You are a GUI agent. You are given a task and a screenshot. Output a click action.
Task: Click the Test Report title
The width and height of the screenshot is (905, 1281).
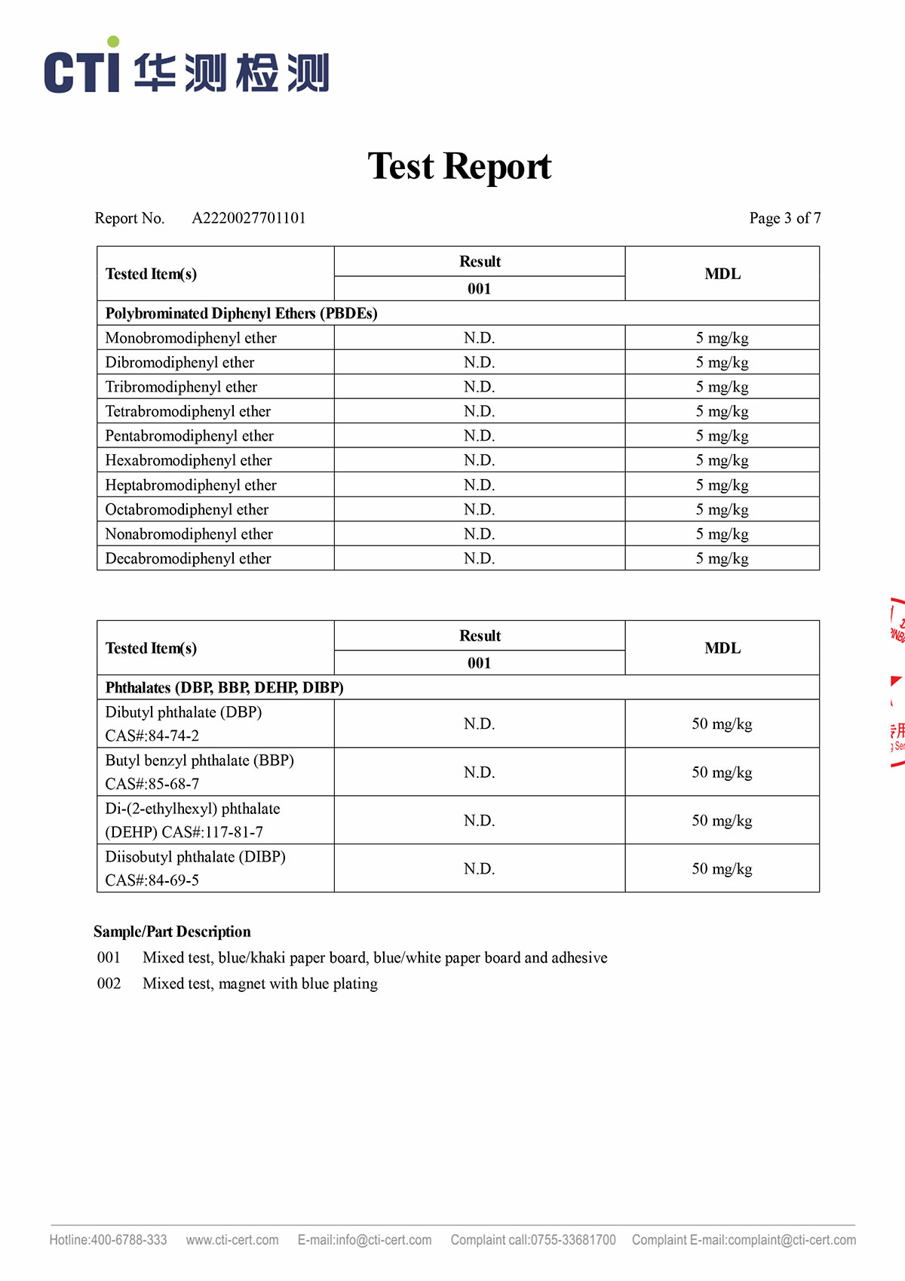459,166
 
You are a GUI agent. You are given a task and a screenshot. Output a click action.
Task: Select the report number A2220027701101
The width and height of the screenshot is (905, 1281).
249,218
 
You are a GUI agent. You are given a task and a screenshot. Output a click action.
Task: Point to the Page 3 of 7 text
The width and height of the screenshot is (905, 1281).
784,218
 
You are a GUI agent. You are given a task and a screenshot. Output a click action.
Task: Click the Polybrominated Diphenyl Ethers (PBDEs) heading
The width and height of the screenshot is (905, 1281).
241,313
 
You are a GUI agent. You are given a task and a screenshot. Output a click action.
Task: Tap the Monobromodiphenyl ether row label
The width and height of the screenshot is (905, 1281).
191,338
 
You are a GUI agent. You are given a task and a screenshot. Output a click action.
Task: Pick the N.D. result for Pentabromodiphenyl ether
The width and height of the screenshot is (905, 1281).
479,436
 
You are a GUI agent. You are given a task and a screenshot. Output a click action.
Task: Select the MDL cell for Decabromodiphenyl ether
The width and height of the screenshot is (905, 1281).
722,558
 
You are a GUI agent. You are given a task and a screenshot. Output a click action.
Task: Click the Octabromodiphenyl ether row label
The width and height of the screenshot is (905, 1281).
187,510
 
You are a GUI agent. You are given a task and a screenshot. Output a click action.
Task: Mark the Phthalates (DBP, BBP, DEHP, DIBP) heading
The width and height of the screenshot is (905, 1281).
224,687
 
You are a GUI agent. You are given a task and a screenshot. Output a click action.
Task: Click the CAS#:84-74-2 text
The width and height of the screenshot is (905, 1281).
152,736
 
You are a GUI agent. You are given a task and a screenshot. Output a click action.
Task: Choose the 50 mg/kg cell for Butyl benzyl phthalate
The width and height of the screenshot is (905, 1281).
722,772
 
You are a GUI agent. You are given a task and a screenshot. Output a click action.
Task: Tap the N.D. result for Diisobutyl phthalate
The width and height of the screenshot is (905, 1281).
479,868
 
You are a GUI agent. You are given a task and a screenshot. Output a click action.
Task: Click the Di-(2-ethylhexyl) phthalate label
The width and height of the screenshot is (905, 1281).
192,809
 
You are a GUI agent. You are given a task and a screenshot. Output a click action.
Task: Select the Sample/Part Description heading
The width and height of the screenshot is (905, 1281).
172,932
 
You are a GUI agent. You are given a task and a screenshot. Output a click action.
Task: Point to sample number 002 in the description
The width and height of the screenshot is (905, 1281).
109,984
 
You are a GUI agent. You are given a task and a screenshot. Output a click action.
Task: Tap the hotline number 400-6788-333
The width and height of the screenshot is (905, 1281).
129,1240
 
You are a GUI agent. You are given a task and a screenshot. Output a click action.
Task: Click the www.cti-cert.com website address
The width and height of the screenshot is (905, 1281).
232,1240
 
